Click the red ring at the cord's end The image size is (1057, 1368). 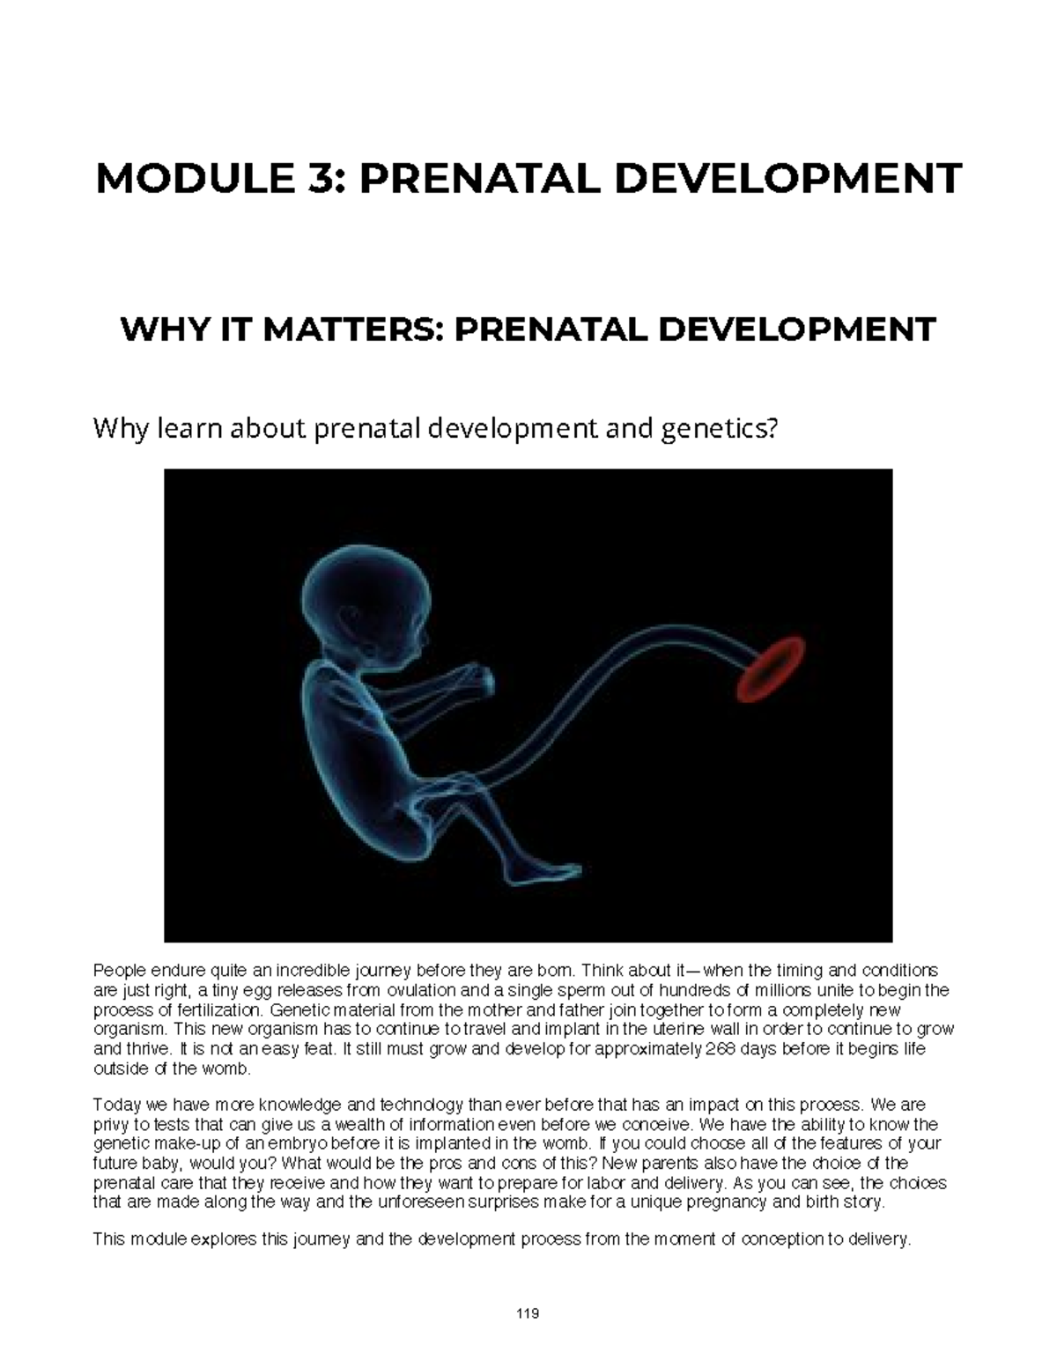(771, 669)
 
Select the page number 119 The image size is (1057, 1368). (528, 1313)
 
